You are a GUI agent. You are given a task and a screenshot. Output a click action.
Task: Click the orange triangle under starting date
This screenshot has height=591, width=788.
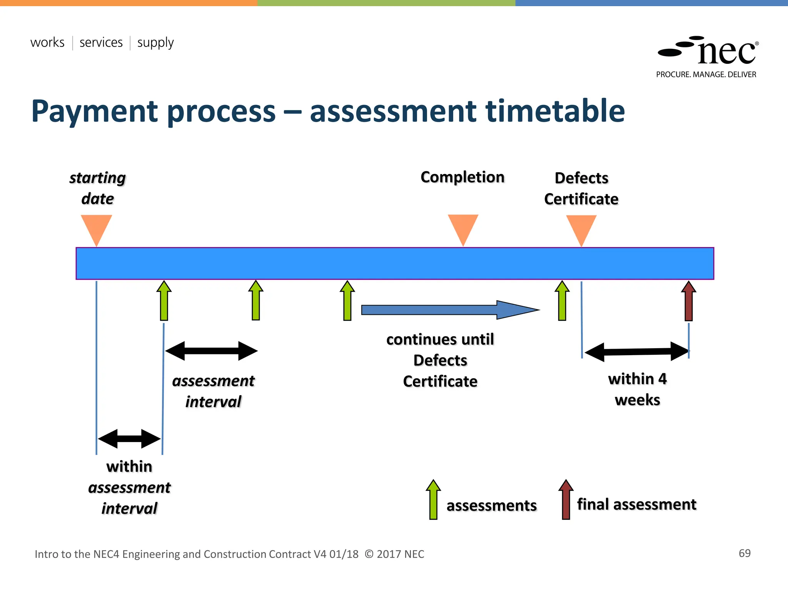pyautogui.click(x=96, y=227)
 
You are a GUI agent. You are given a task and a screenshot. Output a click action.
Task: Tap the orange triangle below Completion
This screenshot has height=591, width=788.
pyautogui.click(x=463, y=227)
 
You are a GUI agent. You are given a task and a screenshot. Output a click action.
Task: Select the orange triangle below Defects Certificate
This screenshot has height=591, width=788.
pyautogui.click(x=581, y=227)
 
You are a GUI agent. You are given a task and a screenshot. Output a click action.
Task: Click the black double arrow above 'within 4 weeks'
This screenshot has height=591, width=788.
pyautogui.click(x=637, y=351)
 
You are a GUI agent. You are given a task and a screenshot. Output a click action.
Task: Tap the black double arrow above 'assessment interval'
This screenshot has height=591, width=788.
pyautogui.click(x=211, y=351)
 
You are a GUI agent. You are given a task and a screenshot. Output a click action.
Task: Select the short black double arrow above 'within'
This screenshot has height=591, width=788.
pyautogui.click(x=129, y=439)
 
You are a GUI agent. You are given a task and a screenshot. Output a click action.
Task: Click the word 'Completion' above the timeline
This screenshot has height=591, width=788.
pyautogui.click(x=462, y=177)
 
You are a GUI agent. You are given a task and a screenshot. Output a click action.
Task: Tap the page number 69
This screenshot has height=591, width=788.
pyautogui.click(x=745, y=553)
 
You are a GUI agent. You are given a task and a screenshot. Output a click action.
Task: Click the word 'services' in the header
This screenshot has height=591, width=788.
pyautogui.click(x=101, y=42)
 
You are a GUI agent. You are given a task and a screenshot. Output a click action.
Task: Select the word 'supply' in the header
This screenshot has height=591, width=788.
pyautogui.click(x=155, y=43)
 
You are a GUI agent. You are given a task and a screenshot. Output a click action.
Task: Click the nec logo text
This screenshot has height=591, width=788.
pyautogui.click(x=726, y=53)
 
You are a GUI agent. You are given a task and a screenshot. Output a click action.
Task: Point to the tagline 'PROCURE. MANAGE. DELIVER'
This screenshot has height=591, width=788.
pyautogui.click(x=706, y=75)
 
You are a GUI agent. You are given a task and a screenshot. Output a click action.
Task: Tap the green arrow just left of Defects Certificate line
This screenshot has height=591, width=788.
pyautogui.click(x=562, y=301)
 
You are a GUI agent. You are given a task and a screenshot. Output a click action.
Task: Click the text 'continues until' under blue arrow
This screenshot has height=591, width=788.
pyautogui.click(x=440, y=340)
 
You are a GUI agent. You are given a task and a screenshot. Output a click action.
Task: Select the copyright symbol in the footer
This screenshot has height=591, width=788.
pyautogui.click(x=369, y=554)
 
